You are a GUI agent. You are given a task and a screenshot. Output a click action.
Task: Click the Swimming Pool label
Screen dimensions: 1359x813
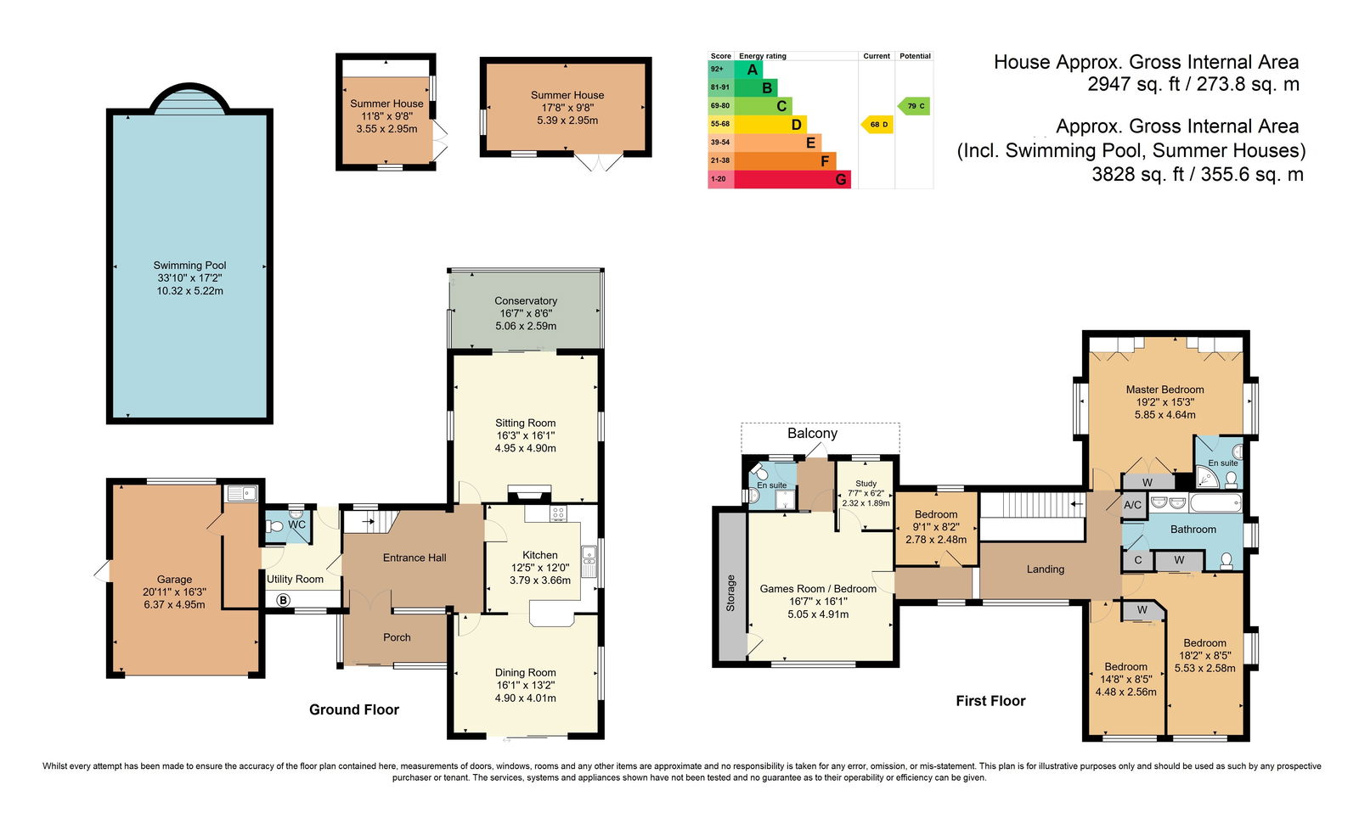[189, 266]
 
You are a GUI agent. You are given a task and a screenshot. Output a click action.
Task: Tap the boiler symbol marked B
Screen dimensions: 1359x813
[283, 600]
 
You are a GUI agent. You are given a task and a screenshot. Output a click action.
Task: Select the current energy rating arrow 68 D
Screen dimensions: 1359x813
[877, 124]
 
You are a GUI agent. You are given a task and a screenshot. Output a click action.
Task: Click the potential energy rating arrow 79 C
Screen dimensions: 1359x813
[914, 106]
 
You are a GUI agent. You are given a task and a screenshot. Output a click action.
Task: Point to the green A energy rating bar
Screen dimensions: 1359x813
[748, 69]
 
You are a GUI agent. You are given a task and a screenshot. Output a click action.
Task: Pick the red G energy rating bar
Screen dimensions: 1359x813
[792, 179]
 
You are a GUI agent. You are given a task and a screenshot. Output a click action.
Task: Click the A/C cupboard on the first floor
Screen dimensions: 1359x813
[1133, 505]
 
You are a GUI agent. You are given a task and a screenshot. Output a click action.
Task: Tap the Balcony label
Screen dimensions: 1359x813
[812, 433]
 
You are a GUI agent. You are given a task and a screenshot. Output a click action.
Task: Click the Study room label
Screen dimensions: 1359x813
[866, 483]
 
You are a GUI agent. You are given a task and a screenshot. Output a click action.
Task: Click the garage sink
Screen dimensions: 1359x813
[241, 494]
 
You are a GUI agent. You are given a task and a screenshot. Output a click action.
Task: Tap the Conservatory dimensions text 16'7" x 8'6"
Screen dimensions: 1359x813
[526, 313]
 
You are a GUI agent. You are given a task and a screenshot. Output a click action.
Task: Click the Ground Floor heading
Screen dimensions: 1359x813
[354, 709]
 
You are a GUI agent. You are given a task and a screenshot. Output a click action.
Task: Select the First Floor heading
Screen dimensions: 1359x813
[990, 701]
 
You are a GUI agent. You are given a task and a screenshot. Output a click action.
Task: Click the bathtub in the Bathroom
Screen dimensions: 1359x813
[1215, 502]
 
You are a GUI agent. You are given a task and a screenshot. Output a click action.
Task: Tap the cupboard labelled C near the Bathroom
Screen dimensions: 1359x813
[1137, 559]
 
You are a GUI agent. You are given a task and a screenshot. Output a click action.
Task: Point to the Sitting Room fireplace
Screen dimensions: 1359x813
[530, 492]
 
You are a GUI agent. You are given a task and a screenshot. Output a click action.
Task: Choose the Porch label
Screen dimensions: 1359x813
[397, 637]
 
